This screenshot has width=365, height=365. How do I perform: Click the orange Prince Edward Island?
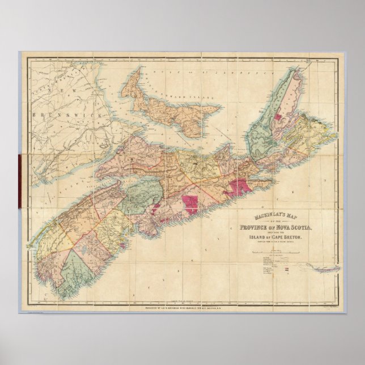[x=170, y=111]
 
